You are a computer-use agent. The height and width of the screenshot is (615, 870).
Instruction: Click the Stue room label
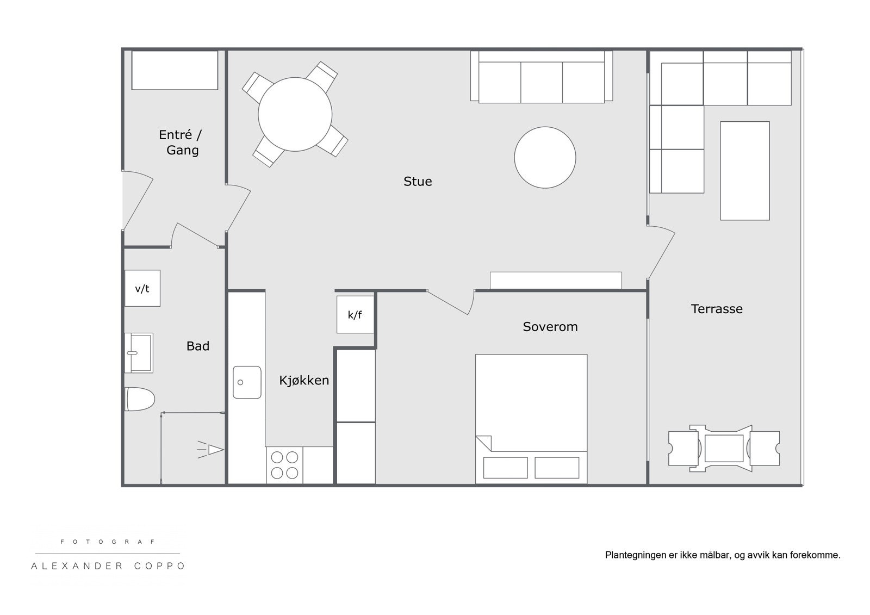pos(418,182)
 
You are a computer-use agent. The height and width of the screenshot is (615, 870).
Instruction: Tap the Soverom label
pos(550,327)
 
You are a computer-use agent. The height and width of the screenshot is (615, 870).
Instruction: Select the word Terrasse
pos(717,309)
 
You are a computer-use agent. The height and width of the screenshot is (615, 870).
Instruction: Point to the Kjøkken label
pos(304,380)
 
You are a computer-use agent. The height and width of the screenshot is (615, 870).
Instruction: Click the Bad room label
pos(198,346)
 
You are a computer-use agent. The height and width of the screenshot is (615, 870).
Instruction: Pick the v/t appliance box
pos(142,288)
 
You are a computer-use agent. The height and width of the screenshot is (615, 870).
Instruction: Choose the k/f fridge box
pos(356,314)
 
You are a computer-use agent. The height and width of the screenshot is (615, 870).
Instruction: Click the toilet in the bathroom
pos(139,399)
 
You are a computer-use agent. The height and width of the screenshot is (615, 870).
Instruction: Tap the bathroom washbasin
pos(139,353)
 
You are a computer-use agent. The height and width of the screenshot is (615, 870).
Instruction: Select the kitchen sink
pos(247,382)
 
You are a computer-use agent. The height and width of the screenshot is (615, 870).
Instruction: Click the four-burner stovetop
pos(284,465)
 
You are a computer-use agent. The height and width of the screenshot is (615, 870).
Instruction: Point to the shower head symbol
pos(211,450)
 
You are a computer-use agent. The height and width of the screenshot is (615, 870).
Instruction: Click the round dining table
pos(295,114)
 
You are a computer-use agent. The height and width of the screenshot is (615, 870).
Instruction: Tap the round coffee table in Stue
pos(545,157)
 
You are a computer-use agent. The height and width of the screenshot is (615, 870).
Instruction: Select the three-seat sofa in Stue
pos(542,77)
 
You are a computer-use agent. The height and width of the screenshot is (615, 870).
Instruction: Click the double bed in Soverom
pos(531,419)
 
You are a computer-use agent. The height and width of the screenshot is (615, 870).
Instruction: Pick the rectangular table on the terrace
pos(744,171)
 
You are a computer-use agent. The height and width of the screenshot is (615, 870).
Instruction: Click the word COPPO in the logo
pos(160,566)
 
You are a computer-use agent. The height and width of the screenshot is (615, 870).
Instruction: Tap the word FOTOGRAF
pos(108,542)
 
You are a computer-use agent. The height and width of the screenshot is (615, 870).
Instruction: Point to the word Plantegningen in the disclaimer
pos(636,555)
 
